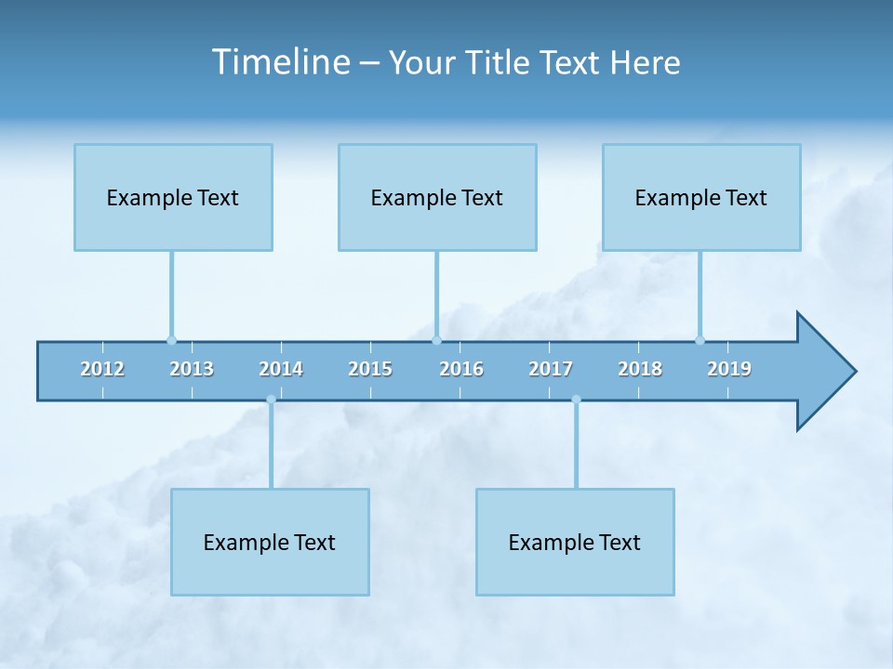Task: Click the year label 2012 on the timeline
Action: point(102,369)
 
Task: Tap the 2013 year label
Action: point(192,369)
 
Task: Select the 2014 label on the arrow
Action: point(281,369)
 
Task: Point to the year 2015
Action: point(370,369)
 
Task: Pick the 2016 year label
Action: point(461,369)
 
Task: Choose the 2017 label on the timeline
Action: point(551,369)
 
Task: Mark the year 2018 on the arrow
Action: point(640,369)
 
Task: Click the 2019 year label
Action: point(729,369)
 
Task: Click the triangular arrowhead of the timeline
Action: point(823,372)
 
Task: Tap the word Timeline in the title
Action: point(280,62)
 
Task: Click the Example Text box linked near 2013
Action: point(173,197)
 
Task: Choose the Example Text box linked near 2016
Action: point(437,197)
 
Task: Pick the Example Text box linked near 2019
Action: point(701,197)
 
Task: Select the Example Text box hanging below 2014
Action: point(270,542)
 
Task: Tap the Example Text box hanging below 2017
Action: point(575,542)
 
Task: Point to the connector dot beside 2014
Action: point(271,400)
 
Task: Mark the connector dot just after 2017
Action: point(576,400)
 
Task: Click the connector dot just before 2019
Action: point(700,340)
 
